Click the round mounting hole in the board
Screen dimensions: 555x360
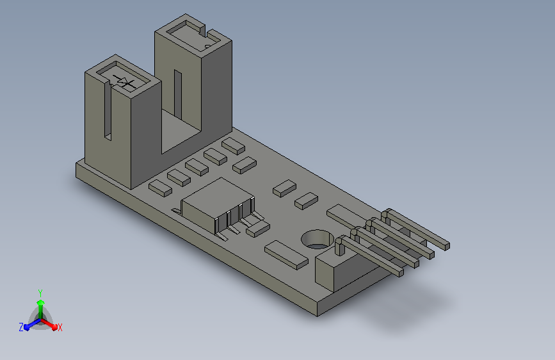[318, 239]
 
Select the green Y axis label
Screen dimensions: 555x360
[40, 293]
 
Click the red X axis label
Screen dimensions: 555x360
[60, 328]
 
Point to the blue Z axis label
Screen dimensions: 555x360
[21, 327]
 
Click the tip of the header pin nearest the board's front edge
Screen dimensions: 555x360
[400, 272]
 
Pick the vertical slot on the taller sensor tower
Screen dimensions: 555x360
[178, 95]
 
